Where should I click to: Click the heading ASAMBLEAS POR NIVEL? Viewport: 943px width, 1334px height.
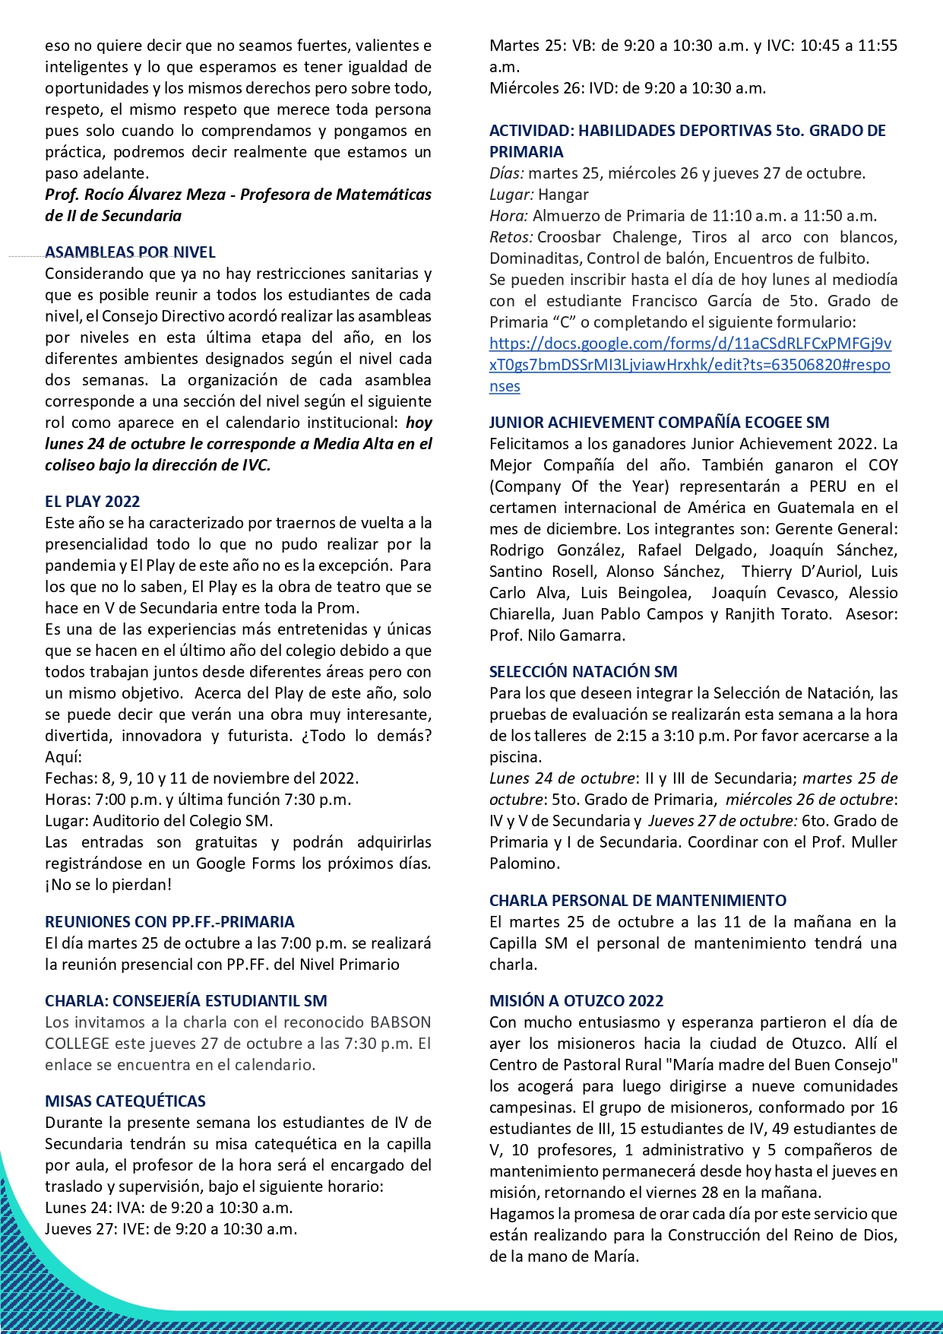(x=130, y=252)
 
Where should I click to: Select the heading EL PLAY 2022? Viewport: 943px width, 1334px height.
(x=93, y=502)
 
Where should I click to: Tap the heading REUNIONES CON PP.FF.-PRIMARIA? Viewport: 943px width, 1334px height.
(x=169, y=922)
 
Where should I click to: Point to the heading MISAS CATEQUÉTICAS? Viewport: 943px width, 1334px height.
(x=125, y=1101)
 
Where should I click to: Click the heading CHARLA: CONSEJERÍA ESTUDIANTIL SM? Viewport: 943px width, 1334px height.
(x=186, y=1001)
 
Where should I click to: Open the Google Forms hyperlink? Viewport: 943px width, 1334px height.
(x=690, y=365)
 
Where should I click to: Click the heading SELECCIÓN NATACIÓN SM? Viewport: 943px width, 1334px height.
(x=583, y=672)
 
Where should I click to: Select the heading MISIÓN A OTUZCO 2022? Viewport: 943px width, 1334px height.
(x=576, y=1001)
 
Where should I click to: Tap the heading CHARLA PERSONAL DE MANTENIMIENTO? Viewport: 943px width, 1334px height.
(x=638, y=901)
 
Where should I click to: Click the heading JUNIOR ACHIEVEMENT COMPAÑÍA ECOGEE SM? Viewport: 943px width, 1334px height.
(x=659, y=423)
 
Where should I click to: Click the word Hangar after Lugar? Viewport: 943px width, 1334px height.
(x=563, y=195)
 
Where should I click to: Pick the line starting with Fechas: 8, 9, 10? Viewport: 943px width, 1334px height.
(x=201, y=778)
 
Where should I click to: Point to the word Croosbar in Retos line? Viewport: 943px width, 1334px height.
(x=569, y=237)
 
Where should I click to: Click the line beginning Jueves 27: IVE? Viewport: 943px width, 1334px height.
(x=171, y=1229)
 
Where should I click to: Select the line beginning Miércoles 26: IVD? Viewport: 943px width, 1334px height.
(x=627, y=88)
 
